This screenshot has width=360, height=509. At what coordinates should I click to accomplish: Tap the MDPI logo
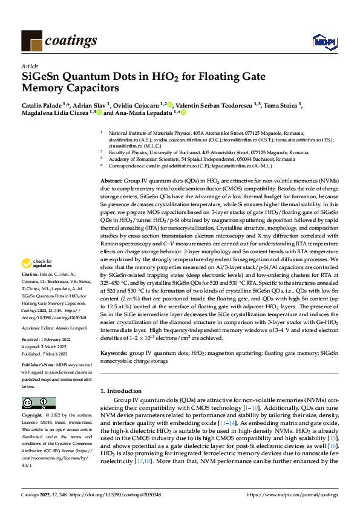322,41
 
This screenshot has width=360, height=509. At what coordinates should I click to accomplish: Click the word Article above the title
30,66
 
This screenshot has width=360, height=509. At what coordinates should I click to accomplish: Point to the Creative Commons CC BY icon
38,403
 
